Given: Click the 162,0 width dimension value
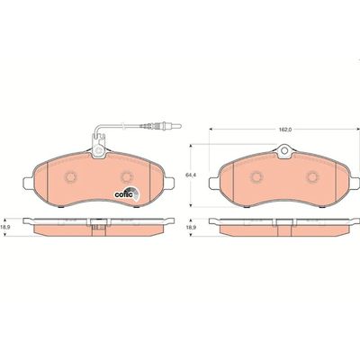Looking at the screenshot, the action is point(284,130).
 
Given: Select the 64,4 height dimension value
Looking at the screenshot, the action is point(189,175).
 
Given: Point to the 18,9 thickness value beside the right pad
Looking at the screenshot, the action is point(189,228).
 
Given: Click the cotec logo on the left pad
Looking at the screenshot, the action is point(127,193).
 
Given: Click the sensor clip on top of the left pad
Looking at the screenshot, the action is point(98,146).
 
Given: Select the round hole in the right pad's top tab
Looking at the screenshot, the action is point(284,151).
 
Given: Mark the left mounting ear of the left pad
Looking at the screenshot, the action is point(28,184).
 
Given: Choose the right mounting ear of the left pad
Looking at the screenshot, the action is point(169,183).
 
